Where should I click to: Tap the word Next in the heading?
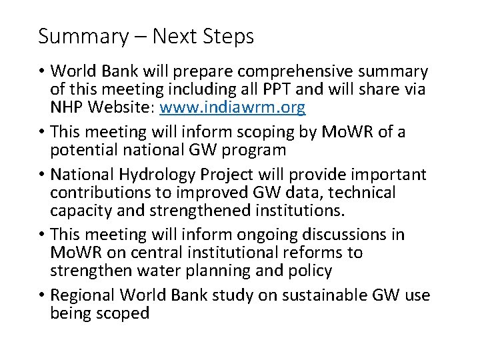(x=175, y=36)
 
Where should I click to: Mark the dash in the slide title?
(x=140, y=37)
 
